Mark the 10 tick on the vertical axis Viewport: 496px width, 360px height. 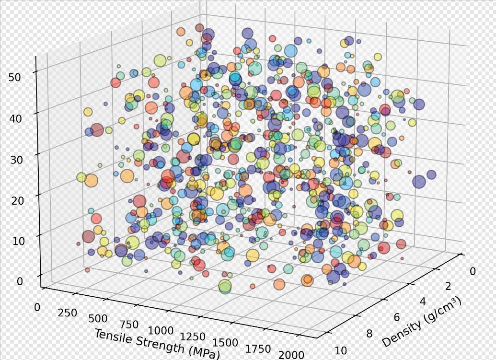coord(18,241)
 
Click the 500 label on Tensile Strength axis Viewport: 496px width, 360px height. coord(99,319)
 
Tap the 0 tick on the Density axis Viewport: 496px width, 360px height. coord(473,272)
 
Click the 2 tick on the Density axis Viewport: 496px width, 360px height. coord(448,287)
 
